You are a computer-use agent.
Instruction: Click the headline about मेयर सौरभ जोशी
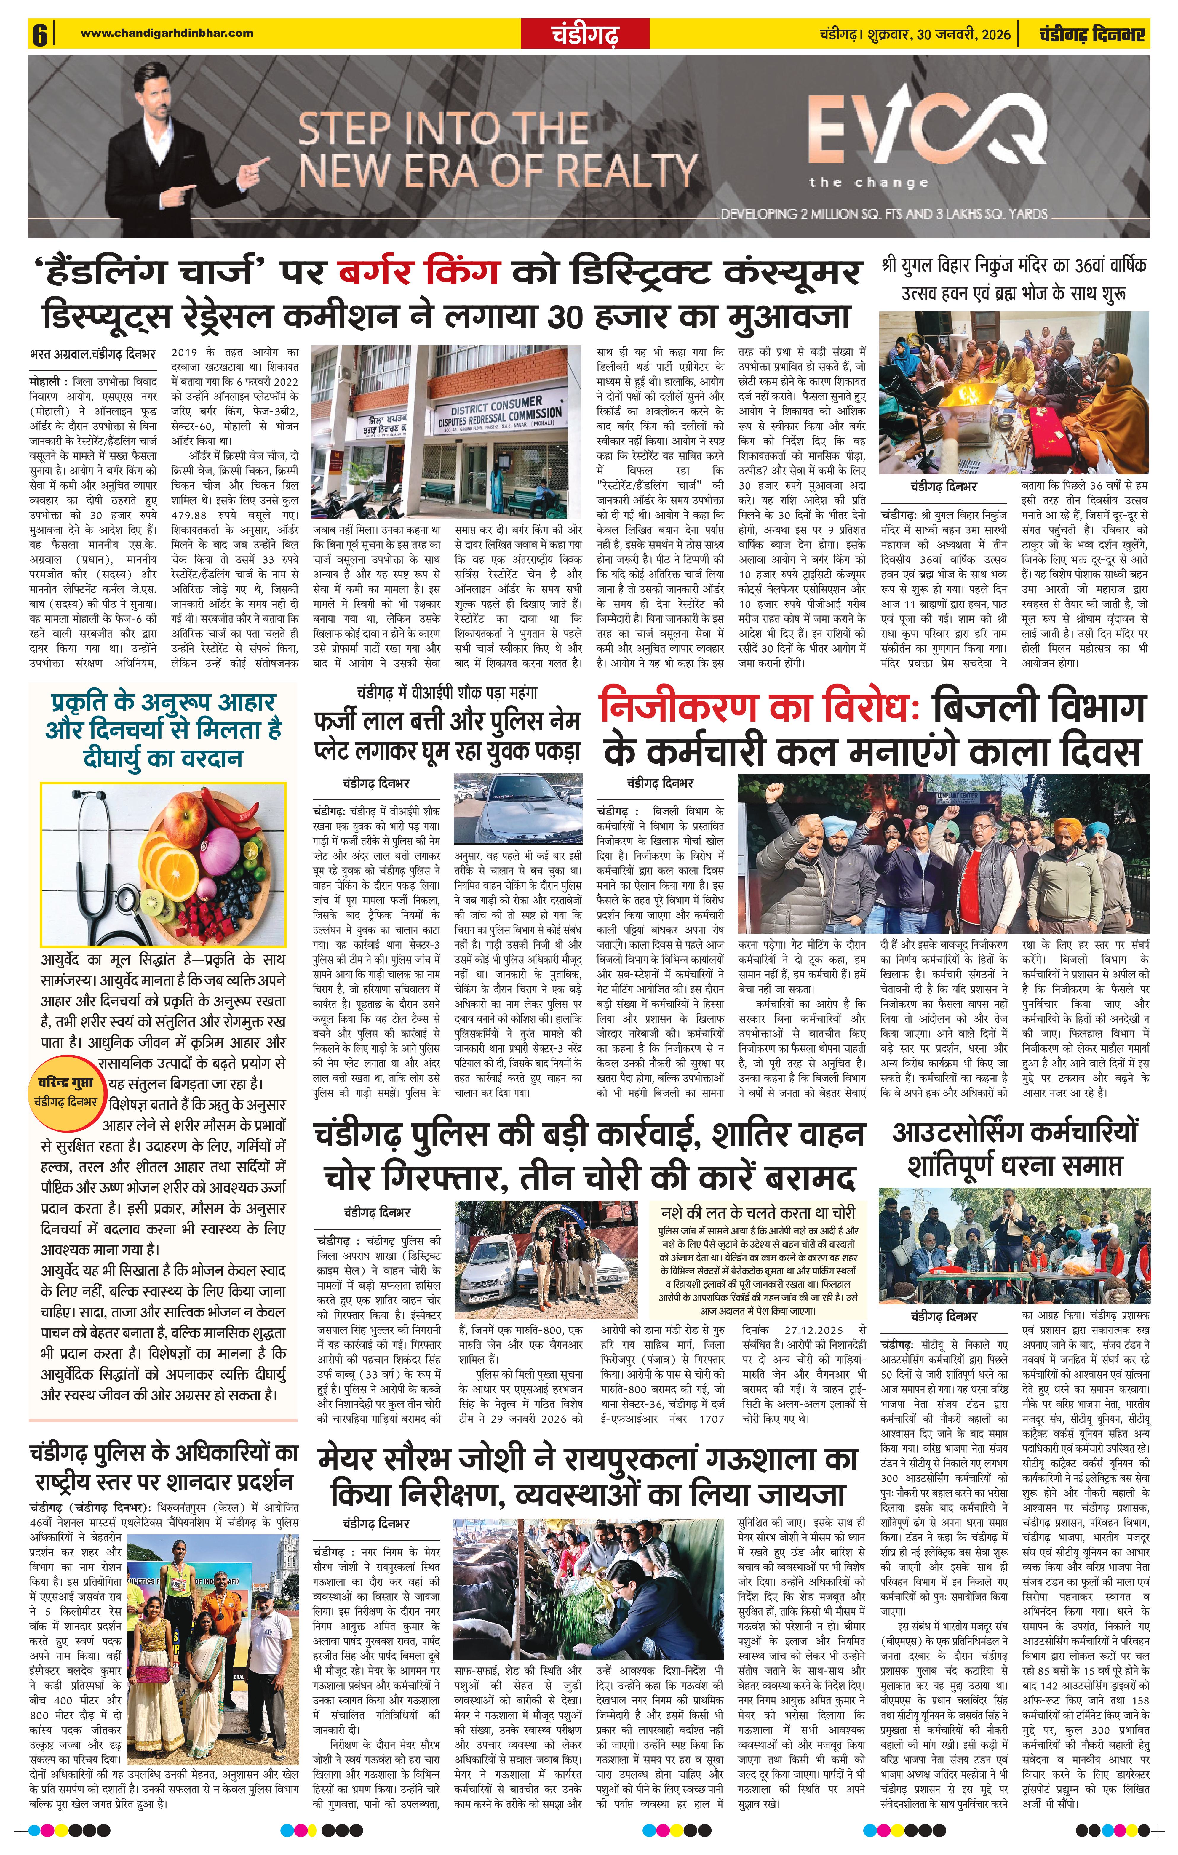click(x=588, y=1477)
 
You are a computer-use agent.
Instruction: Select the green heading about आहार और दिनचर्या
click(x=163, y=730)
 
